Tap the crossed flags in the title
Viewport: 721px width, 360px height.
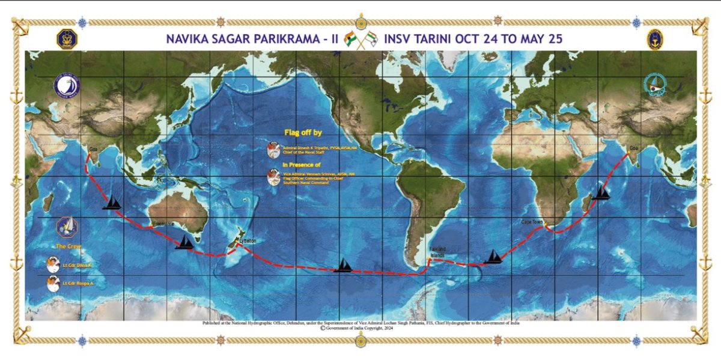tap(359, 40)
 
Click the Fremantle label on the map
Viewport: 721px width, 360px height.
tap(163, 224)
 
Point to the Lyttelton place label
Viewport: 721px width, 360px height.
tap(248, 240)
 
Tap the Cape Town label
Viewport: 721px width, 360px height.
tap(532, 222)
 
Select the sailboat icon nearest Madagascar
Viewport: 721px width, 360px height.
tap(600, 193)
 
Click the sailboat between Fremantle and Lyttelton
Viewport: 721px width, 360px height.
tap(184, 242)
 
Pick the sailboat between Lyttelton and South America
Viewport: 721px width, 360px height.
tap(342, 265)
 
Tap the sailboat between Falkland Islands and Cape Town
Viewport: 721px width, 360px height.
tap(493, 257)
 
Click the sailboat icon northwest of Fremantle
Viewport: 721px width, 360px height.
tap(112, 203)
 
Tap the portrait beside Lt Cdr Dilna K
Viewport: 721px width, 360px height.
tap(55, 264)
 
